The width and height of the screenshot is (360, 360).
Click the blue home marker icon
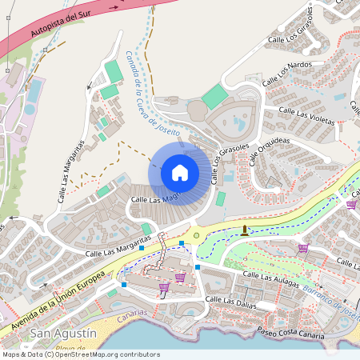(x=180, y=172)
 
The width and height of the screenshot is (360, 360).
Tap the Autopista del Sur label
(x=58, y=26)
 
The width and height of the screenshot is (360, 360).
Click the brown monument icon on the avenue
(x=245, y=230)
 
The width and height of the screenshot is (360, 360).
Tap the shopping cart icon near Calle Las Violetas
(x=351, y=204)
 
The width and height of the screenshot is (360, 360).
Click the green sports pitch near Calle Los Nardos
(x=214, y=97)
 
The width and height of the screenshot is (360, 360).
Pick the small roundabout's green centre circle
(x=196, y=235)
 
